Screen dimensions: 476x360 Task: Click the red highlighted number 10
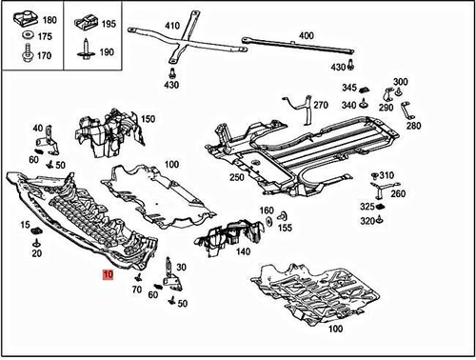[108, 274]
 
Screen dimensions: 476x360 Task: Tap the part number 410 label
[172, 26]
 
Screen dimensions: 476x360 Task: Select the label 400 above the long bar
[307, 35]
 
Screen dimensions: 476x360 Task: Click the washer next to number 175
[29, 34]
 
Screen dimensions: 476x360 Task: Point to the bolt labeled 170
[28, 53]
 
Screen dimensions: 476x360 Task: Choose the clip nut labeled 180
[26, 18]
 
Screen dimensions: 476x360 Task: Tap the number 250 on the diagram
[237, 177]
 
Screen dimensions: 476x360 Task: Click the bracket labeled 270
[302, 108]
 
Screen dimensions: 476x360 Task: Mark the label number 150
[148, 119]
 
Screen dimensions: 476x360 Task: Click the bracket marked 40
[50, 141]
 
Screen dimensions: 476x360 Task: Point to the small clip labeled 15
[38, 230]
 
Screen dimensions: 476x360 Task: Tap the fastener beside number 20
[37, 244]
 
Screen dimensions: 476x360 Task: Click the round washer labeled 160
[268, 221]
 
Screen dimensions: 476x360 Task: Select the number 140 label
[243, 251]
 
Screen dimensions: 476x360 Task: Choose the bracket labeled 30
[171, 274]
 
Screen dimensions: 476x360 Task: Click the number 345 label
[349, 88]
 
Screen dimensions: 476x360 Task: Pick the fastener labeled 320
[380, 219]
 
